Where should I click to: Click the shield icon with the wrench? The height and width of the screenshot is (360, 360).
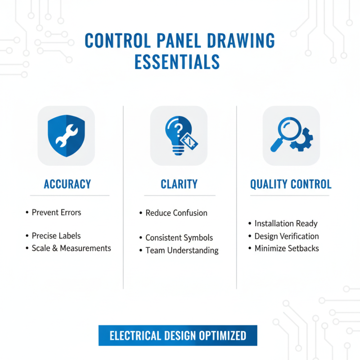pos(66,136)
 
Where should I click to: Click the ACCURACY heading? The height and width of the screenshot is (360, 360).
pos(67,184)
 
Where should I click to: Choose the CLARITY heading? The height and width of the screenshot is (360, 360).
pos(179,184)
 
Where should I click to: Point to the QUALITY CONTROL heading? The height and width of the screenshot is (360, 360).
pos(291,184)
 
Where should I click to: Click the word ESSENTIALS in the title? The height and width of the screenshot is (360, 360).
pos(177,62)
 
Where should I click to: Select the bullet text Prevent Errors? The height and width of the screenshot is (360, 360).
pos(56,212)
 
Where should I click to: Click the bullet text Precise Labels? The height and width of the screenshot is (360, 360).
pos(56,236)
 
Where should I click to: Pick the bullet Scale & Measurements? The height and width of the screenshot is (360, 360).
pos(71,248)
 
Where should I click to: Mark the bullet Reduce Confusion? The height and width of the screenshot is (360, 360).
pos(176,213)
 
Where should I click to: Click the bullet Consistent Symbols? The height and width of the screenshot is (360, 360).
pos(179,238)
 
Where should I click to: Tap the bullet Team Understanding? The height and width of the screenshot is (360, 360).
pos(182,250)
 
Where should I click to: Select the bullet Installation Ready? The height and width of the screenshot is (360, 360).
pos(286,223)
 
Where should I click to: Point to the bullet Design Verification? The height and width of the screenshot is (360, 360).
pos(287,236)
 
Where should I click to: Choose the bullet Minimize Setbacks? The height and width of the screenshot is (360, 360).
pos(287,248)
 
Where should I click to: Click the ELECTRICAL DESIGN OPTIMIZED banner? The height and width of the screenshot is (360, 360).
pos(178,336)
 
